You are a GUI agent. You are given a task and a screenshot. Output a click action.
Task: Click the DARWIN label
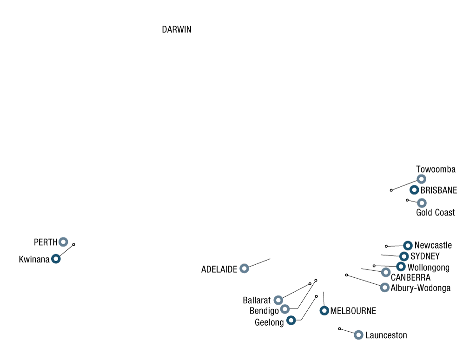click(x=177, y=29)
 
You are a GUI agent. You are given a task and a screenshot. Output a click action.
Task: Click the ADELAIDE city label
click(x=219, y=269)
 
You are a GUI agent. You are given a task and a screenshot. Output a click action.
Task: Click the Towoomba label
click(x=436, y=169)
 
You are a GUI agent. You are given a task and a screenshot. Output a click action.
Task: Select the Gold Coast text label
click(x=435, y=213)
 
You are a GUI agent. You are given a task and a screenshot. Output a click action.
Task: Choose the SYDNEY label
click(x=425, y=256)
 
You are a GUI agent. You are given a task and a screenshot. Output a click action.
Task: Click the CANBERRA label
click(x=410, y=277)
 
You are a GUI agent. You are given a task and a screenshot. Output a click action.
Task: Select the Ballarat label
click(x=257, y=300)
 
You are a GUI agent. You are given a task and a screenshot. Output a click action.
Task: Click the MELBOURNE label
click(x=353, y=311)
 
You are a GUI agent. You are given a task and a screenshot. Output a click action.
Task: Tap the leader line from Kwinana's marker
click(x=66, y=250)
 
